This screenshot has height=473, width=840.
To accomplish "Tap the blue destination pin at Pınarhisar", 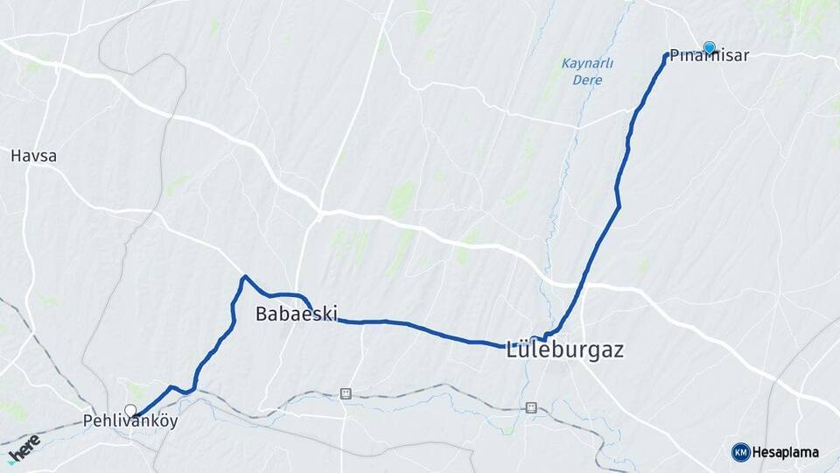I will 709,47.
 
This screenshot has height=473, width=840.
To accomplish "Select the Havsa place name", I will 33,156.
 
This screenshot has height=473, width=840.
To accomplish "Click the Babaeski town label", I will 297,314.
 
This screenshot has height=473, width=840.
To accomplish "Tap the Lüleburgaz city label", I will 565,350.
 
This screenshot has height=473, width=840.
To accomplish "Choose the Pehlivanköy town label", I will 130,421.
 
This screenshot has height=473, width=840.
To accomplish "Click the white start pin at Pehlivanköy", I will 130,410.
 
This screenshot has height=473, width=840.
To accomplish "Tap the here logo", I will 23,448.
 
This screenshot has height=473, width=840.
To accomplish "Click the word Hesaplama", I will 786,453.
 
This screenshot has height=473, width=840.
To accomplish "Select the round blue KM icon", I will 740,452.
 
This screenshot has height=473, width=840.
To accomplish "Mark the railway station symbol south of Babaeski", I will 346,393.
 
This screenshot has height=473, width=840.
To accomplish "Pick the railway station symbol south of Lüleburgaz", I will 530,407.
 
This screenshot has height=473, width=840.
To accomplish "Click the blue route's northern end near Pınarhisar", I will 668,55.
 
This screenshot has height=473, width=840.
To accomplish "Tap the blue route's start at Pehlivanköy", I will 136,415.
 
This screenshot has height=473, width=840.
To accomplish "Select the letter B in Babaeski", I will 262,314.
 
